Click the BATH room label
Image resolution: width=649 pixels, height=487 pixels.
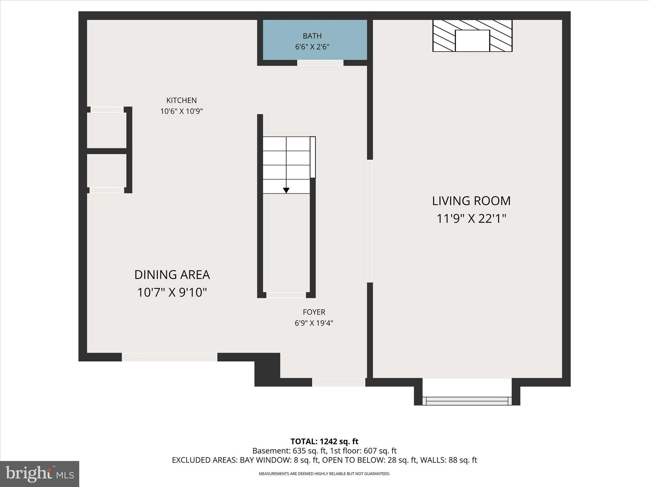click(312, 36)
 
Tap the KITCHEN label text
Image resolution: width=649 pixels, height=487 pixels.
click(182, 101)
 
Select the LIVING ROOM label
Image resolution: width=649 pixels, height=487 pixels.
click(471, 201)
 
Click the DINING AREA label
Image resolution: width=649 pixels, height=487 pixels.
click(172, 275)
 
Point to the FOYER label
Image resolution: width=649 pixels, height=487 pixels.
click(314, 312)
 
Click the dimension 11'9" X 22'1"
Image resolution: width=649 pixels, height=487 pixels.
click(471, 219)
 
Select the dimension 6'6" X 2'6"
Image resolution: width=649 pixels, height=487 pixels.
click(312, 47)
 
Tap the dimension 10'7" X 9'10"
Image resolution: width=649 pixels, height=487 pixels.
click(172, 292)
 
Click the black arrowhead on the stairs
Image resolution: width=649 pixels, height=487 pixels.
click(286, 190)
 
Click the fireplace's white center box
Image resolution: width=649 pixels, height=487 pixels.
click(472, 41)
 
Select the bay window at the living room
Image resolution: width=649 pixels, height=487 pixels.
click(467, 401)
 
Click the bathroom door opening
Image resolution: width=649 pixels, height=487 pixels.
click(320, 63)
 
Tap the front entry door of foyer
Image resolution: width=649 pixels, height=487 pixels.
click(338, 382)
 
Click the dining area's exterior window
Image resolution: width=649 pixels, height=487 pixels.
click(170, 357)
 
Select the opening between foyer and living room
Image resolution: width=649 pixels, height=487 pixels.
click(370, 221)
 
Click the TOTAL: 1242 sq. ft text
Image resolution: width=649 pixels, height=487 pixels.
click(324, 441)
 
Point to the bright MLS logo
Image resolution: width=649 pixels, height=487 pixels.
click(40, 474)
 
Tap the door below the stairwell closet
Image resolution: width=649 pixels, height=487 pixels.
click(286, 295)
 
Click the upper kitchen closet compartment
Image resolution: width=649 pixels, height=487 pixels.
click(107, 130)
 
